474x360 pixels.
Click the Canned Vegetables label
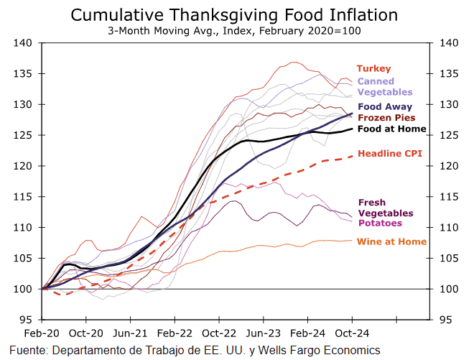click(x=385, y=87)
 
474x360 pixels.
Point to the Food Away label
click(x=385, y=106)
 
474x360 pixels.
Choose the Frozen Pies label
click(x=386, y=117)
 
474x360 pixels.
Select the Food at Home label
click(x=392, y=129)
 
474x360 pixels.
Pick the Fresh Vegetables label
click(x=385, y=208)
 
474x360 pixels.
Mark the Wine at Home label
click(x=392, y=241)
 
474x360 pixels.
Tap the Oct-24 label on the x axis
click(x=353, y=333)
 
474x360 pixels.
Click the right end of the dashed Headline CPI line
click(x=352, y=156)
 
